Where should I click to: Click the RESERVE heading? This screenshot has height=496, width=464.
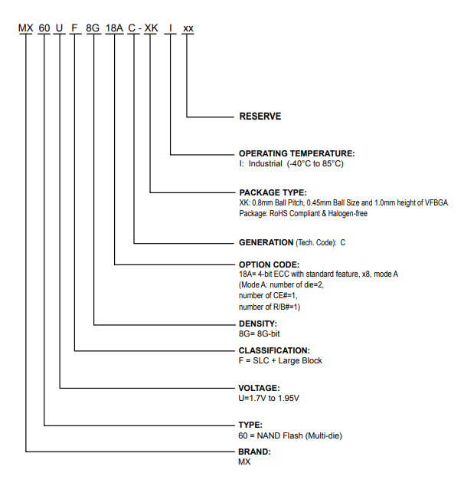pyautogui.click(x=260, y=117)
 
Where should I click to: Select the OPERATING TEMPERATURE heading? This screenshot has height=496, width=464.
pyautogui.click(x=297, y=153)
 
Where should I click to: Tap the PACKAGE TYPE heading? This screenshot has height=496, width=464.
pyautogui.click(x=273, y=192)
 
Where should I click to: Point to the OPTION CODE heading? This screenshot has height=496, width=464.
pyautogui.click(x=271, y=264)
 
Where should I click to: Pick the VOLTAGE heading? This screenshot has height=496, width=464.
pyautogui.click(x=260, y=388)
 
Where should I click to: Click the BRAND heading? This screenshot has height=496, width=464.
pyautogui.click(x=255, y=452)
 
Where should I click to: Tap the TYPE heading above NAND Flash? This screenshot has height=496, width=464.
pyautogui.click(x=251, y=424)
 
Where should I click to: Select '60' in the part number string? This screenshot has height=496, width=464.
pyautogui.click(x=44, y=28)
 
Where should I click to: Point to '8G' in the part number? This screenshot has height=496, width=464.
pyautogui.click(x=94, y=28)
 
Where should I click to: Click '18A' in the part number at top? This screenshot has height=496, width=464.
pyautogui.click(x=115, y=28)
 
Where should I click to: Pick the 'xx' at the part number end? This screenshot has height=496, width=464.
pyautogui.click(x=188, y=28)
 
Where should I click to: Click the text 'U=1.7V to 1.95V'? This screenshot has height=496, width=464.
pyautogui.click(x=269, y=398)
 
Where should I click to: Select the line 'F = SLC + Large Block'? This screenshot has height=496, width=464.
pyautogui.click(x=280, y=360)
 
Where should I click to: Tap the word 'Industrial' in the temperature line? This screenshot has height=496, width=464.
pyautogui.click(x=265, y=163)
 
